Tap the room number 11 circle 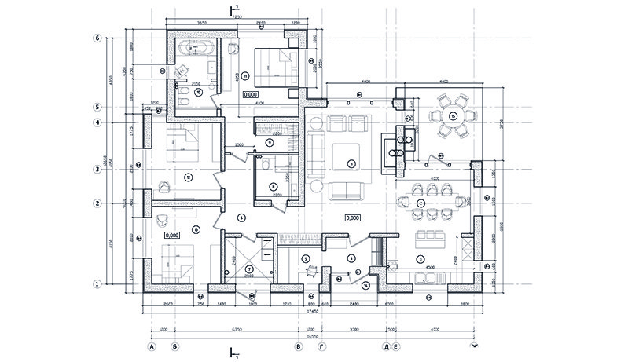click(x=245, y=76)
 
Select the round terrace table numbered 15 click(x=454, y=115)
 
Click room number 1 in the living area click(x=351, y=163)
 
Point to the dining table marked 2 click(x=421, y=203)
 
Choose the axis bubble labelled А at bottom click(x=149, y=346)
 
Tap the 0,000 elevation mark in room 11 click(x=252, y=94)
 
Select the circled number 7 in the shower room click(x=249, y=269)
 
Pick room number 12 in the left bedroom click(x=187, y=177)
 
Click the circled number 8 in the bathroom click(x=273, y=187)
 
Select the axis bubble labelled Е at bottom click(x=396, y=346)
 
